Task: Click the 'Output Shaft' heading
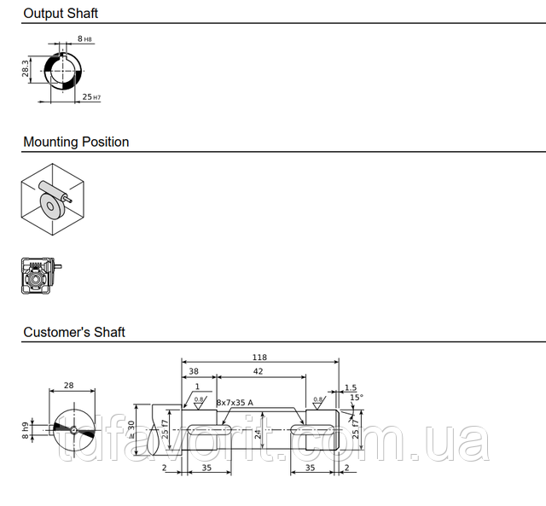[61, 14]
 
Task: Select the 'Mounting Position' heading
[76, 142]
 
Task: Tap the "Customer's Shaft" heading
[74, 332]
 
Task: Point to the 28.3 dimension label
[26, 68]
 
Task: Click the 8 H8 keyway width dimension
[84, 38]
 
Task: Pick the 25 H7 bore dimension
[91, 96]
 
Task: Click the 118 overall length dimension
[259, 358]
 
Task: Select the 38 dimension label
[194, 371]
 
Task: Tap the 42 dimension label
[258, 371]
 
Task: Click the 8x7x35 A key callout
[235, 403]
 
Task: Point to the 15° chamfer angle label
[357, 398]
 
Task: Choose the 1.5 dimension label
[351, 387]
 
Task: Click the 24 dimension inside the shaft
[258, 434]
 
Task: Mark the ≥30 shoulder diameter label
[131, 429]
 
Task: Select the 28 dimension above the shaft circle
[69, 385]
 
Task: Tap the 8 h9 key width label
[26, 431]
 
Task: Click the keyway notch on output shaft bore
[62, 55]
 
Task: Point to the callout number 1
[197, 387]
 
